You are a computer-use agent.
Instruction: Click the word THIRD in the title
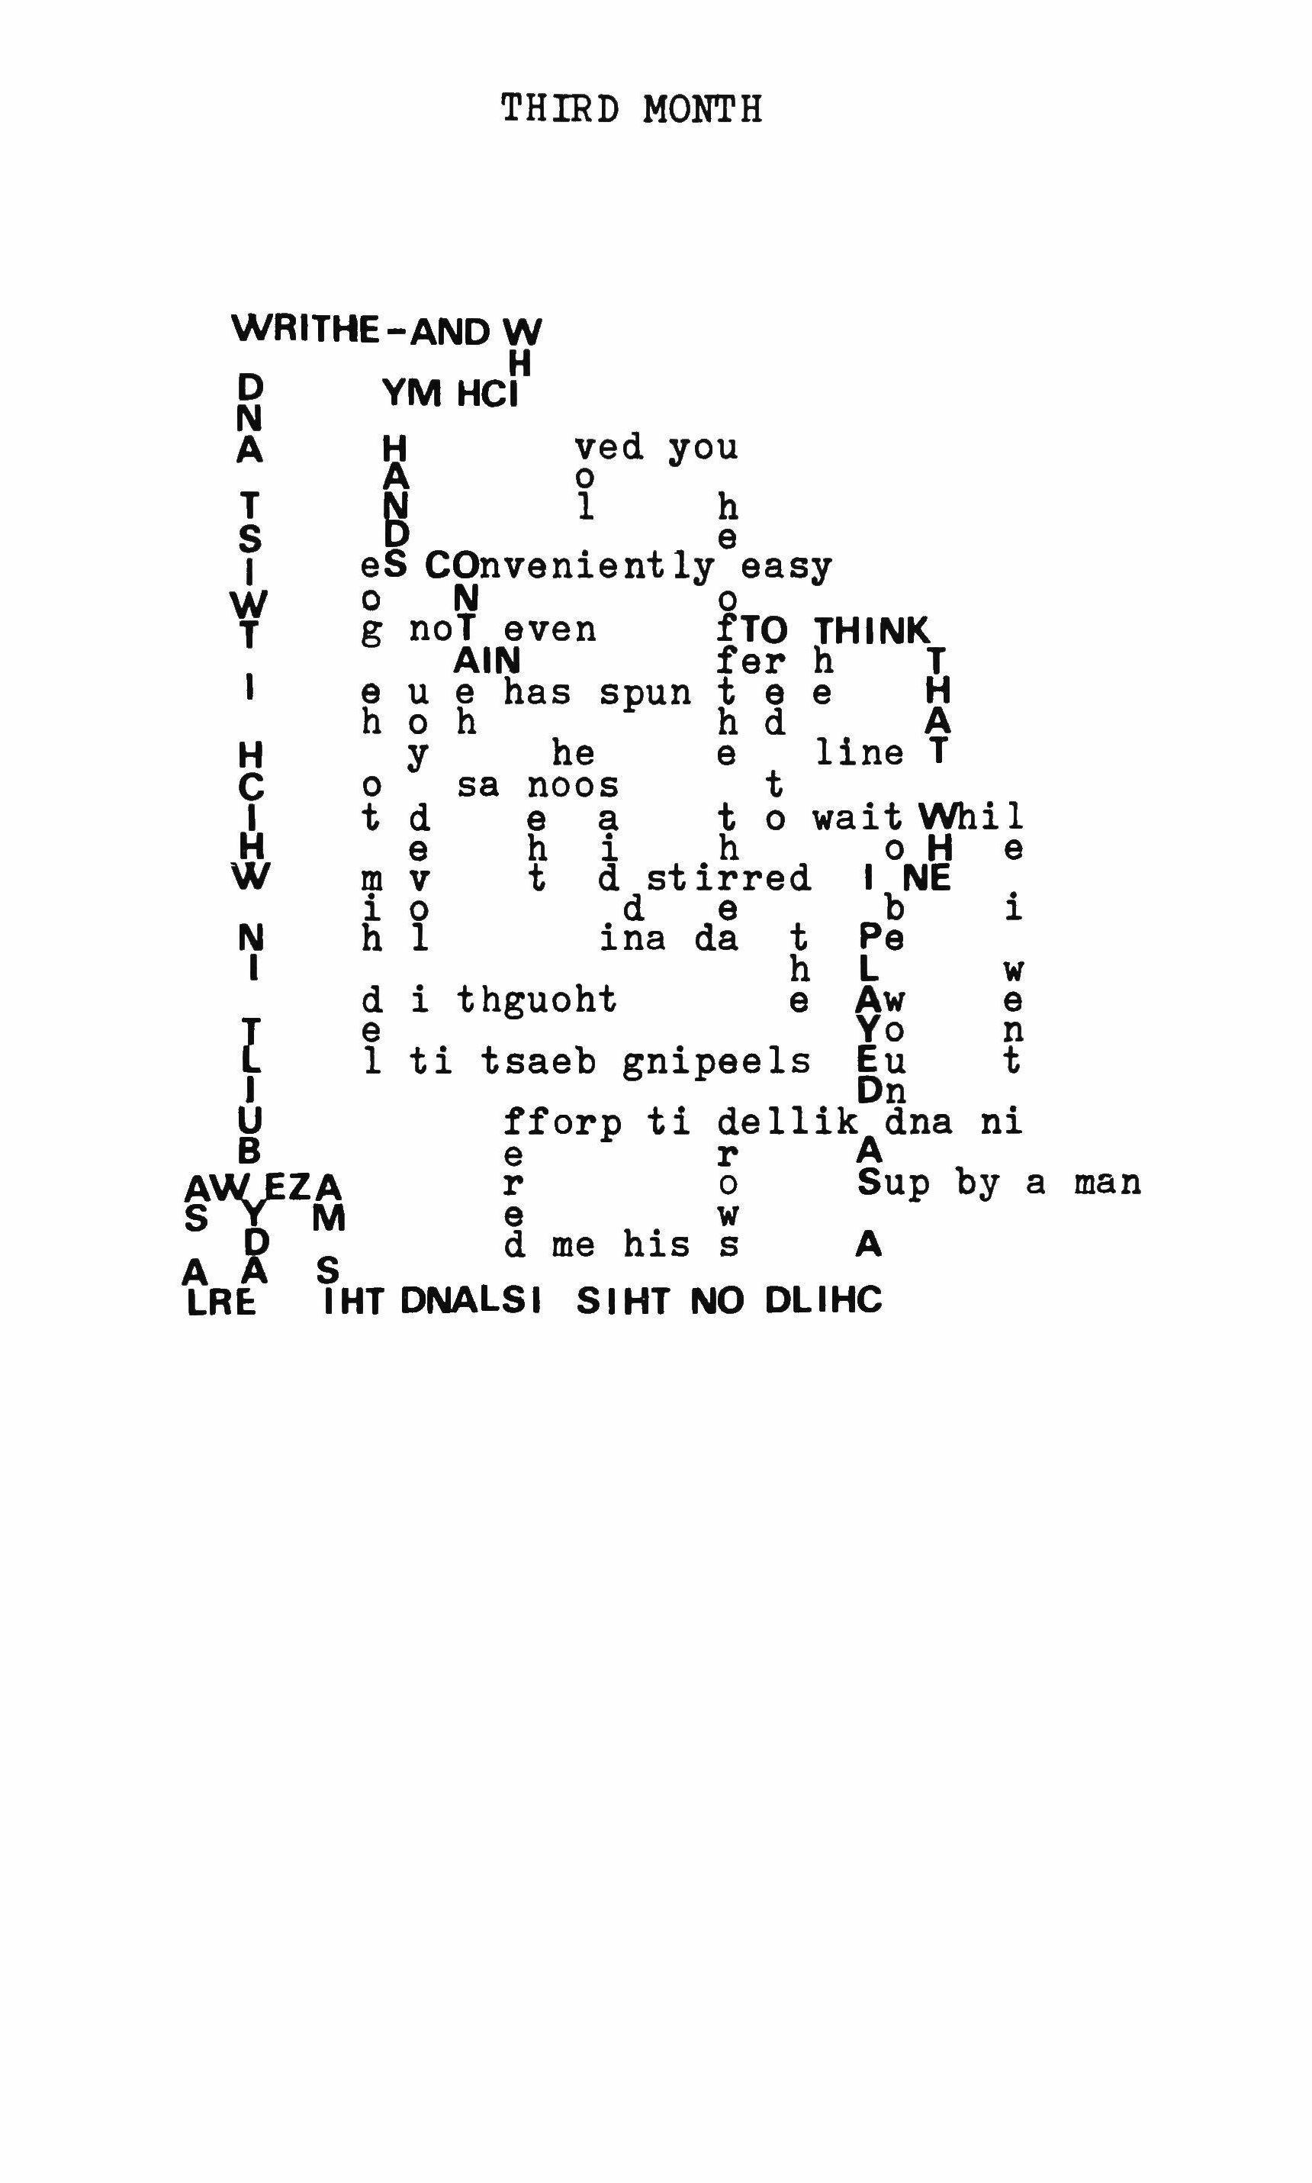[x=560, y=110]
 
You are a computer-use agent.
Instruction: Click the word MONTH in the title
[x=702, y=110]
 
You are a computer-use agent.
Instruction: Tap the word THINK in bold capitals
[x=872, y=631]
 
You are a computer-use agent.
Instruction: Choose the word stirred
[x=728, y=879]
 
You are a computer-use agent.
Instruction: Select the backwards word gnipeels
[x=716, y=1061]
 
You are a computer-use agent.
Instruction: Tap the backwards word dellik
[x=788, y=1122]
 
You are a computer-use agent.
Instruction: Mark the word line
[x=860, y=753]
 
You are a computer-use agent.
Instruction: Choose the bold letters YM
[x=412, y=394]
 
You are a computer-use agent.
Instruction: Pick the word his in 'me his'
[x=656, y=1245]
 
